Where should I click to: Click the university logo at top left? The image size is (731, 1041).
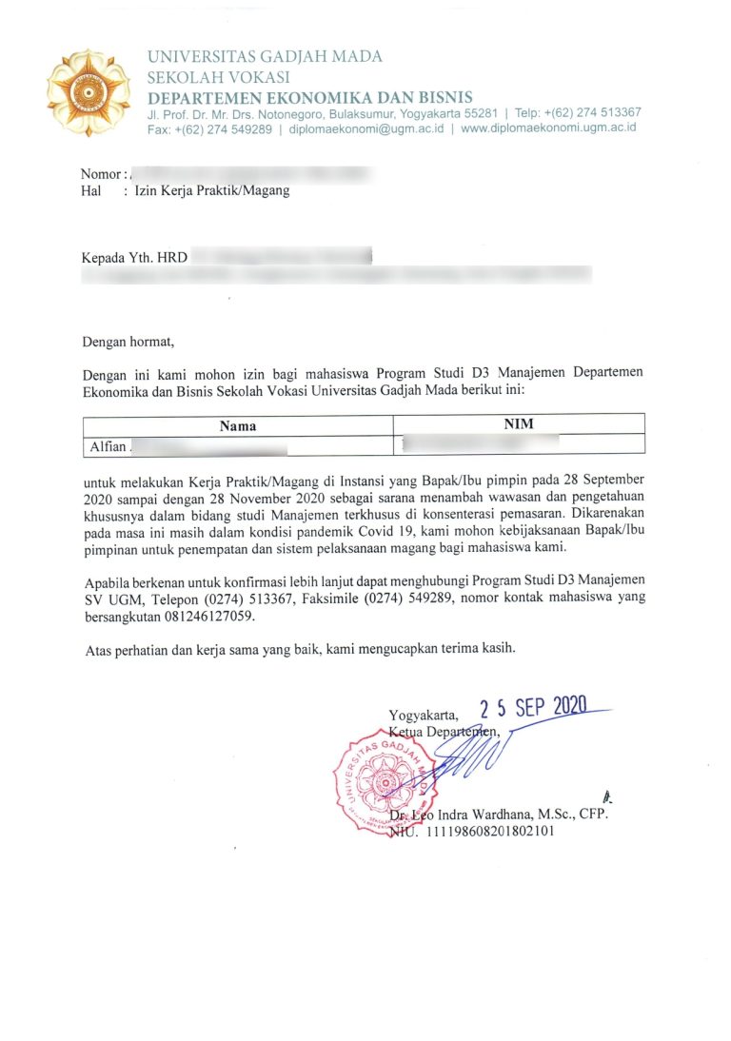(x=89, y=92)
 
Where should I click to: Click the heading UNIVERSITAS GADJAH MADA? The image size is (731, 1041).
(x=265, y=57)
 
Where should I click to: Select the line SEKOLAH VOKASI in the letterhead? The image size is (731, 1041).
(x=218, y=77)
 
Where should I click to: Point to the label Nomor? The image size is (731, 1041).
(x=101, y=174)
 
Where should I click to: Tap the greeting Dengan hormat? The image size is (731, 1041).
(x=129, y=340)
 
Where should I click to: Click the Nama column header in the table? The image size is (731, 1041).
(x=238, y=425)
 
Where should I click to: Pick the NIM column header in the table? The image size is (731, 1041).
(x=519, y=425)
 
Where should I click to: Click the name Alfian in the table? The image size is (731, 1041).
(x=105, y=444)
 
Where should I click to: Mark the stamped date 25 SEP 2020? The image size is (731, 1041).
(x=533, y=707)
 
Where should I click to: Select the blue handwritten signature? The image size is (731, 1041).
(x=466, y=756)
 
